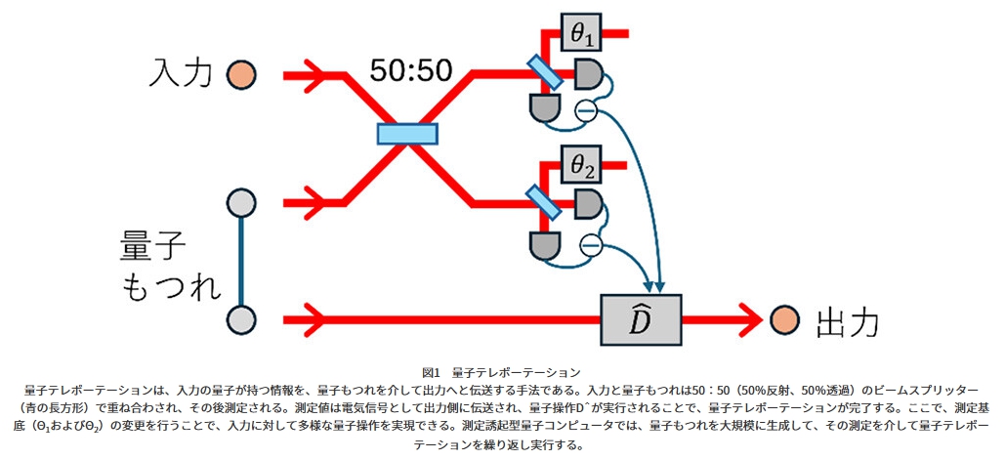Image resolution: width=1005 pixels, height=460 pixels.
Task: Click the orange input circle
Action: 240,74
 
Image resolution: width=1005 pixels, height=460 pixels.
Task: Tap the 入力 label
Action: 182,73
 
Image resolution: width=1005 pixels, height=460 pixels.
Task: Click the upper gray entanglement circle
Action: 240,204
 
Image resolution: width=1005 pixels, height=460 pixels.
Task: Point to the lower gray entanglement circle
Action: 240,318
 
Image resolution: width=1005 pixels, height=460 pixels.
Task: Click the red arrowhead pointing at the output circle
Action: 747,318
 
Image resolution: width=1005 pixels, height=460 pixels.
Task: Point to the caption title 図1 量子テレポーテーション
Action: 501,372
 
